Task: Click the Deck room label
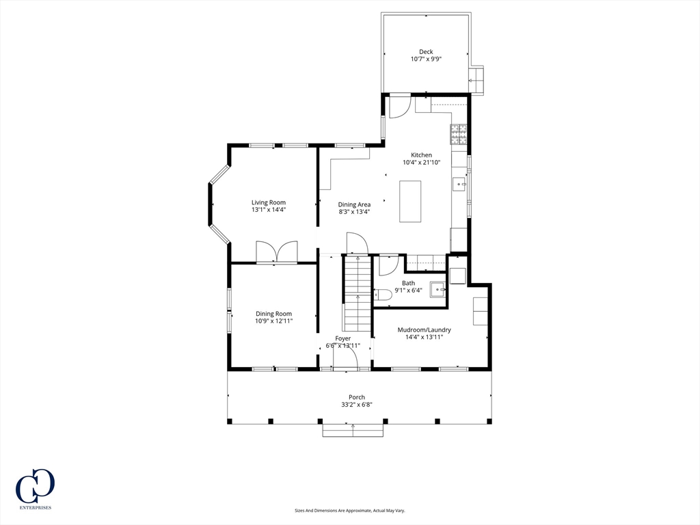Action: point(426,52)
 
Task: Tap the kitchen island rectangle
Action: point(410,201)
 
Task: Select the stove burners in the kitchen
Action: point(459,135)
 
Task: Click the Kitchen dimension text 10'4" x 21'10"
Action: point(421,163)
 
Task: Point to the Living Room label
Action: point(268,202)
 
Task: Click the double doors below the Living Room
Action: point(277,252)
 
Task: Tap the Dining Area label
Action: point(354,204)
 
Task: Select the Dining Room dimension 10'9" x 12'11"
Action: point(273,321)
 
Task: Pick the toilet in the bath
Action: point(383,294)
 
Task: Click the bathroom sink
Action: point(437,288)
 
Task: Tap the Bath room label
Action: point(408,283)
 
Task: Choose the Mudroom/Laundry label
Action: point(424,329)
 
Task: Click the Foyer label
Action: point(342,338)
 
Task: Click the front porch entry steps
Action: point(353,430)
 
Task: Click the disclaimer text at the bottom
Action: point(349,510)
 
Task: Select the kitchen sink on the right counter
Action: point(459,185)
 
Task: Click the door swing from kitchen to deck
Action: point(399,108)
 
